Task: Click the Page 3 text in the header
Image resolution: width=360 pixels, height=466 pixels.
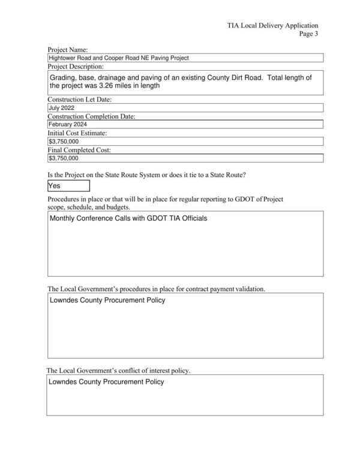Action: pos(308,34)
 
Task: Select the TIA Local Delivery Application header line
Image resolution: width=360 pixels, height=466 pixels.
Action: pos(272,26)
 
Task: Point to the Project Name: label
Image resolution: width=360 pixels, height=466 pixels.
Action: pos(68,49)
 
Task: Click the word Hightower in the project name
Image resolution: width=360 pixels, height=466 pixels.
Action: pos(63,58)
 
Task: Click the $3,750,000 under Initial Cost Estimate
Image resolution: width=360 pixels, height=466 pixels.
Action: pos(64,142)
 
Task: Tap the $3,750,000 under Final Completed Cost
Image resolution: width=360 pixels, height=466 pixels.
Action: pos(64,159)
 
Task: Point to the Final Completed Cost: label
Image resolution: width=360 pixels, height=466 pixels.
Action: pos(79,150)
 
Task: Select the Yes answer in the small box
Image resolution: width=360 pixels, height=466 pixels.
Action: pos(55,186)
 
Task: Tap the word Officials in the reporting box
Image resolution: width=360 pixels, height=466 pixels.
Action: pos(193,218)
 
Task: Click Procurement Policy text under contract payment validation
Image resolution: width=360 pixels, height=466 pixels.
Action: pos(135,300)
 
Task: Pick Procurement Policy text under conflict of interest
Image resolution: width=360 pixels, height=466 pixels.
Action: pos(134,382)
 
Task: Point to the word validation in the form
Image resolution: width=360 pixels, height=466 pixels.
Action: pos(247,289)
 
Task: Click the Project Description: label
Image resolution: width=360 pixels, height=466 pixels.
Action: pos(76,67)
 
